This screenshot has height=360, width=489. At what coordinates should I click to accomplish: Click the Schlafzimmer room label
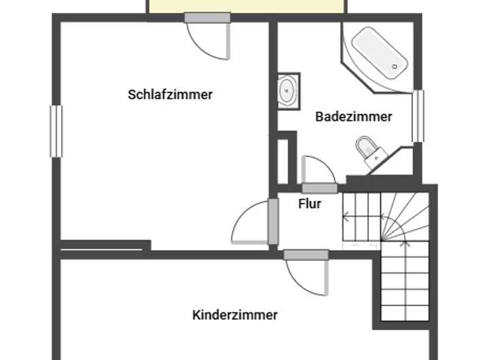[x=170, y=95]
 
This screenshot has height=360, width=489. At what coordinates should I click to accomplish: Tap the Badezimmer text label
[x=353, y=117]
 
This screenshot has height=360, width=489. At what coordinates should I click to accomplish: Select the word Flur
[x=310, y=203]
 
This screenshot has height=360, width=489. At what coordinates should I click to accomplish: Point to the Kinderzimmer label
[x=235, y=315]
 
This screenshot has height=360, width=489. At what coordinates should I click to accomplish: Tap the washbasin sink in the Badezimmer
[x=288, y=90]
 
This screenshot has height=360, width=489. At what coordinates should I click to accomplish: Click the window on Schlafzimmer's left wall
[x=56, y=131]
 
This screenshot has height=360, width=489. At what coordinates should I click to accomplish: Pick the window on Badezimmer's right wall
[x=418, y=116]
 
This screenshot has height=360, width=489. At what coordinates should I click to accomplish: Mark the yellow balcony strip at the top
[x=247, y=6]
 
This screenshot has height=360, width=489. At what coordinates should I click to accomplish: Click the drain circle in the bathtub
[x=395, y=66]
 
